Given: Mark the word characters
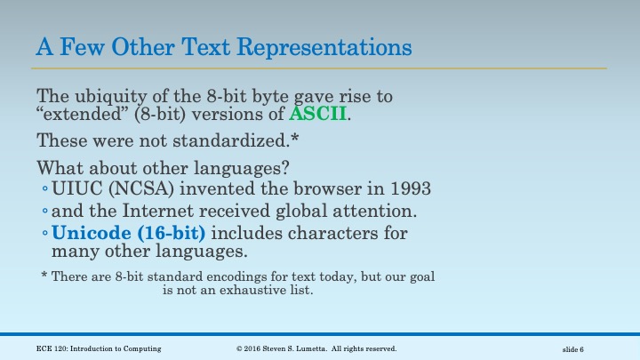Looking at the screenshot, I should click(337, 234).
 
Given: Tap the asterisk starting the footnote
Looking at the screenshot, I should click(44, 276).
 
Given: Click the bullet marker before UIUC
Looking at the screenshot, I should click(44, 190).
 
